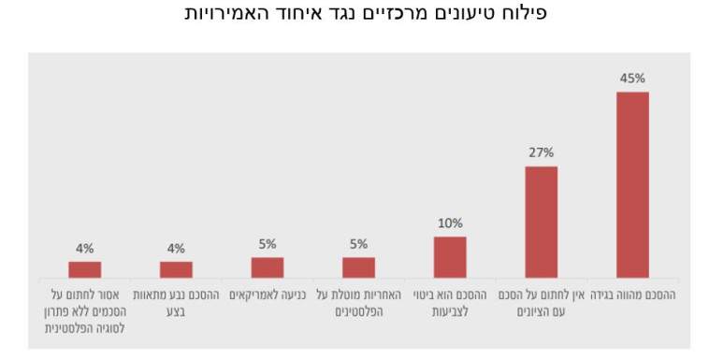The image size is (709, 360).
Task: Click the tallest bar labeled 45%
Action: click(632, 184)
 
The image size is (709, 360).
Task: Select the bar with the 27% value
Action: click(541, 222)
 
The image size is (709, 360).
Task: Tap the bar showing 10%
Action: click(450, 257)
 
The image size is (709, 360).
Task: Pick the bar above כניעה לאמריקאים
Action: click(268, 267)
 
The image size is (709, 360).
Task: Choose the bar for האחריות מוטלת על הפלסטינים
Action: click(358, 267)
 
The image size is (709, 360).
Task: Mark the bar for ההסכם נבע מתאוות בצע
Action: click(176, 269)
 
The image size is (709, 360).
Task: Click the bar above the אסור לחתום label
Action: click(84, 269)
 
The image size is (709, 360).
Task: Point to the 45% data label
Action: click(632, 79)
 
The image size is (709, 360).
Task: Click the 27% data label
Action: click(541, 152)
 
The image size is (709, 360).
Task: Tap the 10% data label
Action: click(450, 223)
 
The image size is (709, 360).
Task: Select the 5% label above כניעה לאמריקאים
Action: click(268, 244)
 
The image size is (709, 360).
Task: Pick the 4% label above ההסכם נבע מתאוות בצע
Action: click(176, 249)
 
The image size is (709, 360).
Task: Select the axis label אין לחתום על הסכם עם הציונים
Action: click(541, 302)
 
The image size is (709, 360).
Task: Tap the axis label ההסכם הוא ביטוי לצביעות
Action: click(450, 302)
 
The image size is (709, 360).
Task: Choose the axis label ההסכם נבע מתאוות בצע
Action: click(176, 302)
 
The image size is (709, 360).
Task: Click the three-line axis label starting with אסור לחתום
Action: click(84, 310)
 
